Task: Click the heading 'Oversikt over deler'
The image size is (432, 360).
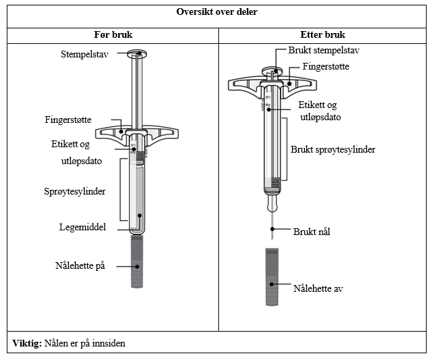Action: click(216, 12)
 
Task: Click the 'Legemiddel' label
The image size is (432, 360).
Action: click(83, 227)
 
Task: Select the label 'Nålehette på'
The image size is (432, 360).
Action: click(80, 265)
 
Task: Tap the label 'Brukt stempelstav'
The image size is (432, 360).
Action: click(322, 51)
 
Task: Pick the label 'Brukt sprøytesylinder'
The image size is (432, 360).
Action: click(333, 149)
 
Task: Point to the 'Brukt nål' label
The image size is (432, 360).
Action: click(312, 231)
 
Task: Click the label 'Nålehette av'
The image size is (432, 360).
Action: click(320, 288)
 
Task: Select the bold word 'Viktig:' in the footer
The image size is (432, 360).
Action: click(27, 343)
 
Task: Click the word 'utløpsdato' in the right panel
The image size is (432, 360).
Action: click(320, 117)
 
